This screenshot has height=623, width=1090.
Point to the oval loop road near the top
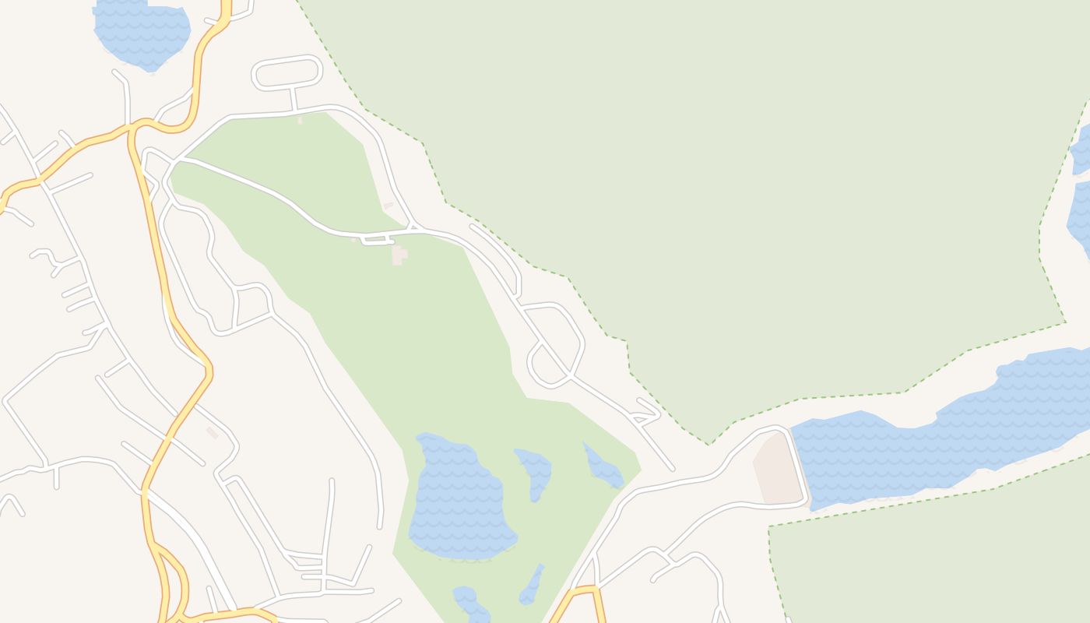coord(287,72)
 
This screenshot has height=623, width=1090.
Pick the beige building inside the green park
coord(399,255)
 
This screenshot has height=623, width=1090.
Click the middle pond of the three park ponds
coord(536,471)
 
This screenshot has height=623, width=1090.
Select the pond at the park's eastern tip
coord(603,467)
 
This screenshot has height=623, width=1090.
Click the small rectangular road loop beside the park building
coord(377,240)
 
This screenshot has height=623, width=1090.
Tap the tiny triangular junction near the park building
coord(414,227)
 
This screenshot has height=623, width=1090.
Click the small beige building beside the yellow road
coord(212,432)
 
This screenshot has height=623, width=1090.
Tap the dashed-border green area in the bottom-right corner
coord(934,561)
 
